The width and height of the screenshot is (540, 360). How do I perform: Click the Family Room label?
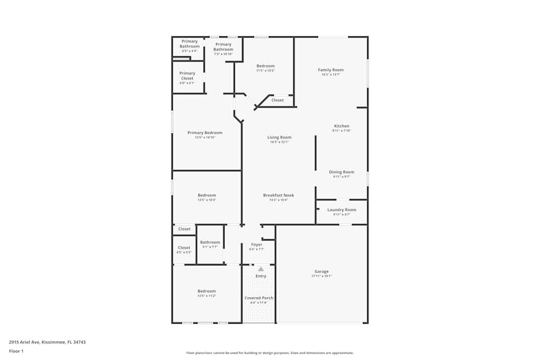tap(330, 70)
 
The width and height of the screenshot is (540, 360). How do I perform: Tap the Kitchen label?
tap(341, 126)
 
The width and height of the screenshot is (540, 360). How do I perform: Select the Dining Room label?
tap(341, 172)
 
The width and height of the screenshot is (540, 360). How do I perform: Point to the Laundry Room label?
tap(341, 210)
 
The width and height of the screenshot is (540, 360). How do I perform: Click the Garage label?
tap(321, 271)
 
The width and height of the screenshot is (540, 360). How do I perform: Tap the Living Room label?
tap(279, 138)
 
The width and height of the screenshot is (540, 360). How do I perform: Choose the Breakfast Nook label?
tap(279, 195)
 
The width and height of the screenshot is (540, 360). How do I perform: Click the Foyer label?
tap(256, 244)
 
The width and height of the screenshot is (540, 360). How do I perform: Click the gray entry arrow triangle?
tap(261, 268)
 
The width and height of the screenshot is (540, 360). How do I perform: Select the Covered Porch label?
tap(259, 298)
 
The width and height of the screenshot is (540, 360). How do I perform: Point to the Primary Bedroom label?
tap(205, 133)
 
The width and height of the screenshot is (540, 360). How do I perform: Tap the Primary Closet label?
tap(187, 76)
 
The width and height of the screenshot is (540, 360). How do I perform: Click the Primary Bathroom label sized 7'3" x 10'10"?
tap(223, 47)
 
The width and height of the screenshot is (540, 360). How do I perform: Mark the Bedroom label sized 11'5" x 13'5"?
tap(265, 66)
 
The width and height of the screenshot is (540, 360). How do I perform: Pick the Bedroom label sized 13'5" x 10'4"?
tap(206, 195)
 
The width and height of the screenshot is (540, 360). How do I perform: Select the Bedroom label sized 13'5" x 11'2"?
tap(206, 291)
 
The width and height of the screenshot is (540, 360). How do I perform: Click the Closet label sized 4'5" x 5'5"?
tap(184, 248)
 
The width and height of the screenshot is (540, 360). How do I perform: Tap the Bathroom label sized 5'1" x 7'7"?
tap(210, 242)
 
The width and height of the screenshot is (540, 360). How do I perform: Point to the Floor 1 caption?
tap(16, 351)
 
